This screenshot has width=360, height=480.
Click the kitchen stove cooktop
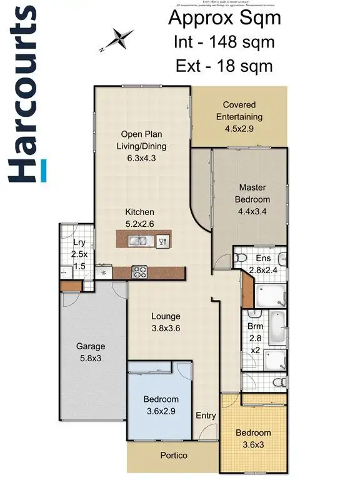(139, 272)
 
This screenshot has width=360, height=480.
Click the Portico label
(173, 455)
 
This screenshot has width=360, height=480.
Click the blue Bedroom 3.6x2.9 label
(161, 404)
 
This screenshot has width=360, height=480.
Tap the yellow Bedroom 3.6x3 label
(253, 438)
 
